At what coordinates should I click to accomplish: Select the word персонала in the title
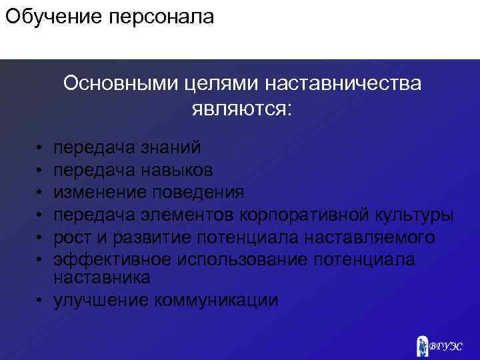[160, 17]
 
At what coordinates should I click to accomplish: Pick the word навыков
[177, 170]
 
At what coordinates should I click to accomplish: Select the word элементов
[189, 215]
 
